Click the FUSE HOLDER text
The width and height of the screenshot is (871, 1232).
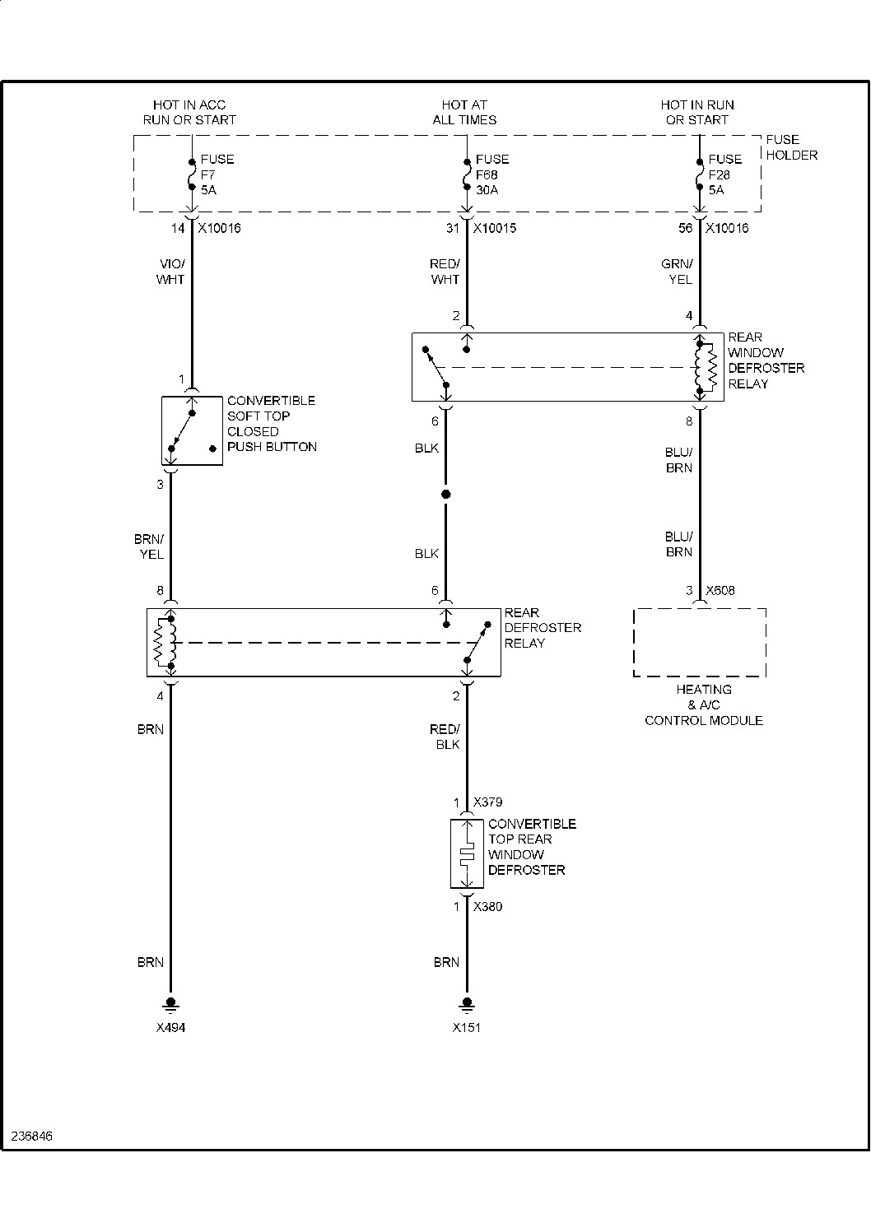click(x=791, y=147)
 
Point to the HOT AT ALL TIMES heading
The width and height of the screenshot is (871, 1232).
click(x=464, y=112)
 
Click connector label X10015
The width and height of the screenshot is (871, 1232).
click(x=494, y=228)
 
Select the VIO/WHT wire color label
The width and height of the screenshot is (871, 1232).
click(x=171, y=272)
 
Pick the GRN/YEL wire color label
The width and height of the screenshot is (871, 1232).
click(x=679, y=272)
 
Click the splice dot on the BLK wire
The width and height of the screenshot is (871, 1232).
click(x=446, y=495)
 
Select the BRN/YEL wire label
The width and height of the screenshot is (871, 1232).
click(x=150, y=546)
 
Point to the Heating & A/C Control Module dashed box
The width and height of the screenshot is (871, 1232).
click(x=700, y=643)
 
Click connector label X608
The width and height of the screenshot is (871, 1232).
click(x=720, y=591)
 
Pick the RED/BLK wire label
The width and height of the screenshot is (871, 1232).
click(x=445, y=737)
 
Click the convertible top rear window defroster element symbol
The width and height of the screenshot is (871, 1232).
click(x=466, y=854)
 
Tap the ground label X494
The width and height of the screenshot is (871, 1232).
click(x=170, y=1028)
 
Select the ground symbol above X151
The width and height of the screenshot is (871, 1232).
click(x=467, y=1003)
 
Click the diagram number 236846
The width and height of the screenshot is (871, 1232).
click(x=31, y=1136)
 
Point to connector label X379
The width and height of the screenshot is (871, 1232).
click(x=487, y=802)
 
